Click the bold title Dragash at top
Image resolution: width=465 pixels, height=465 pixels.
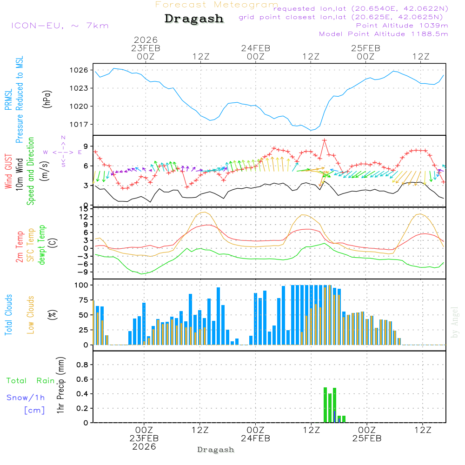194,19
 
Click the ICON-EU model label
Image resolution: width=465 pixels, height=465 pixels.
60,26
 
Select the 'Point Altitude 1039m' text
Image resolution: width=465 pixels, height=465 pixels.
402,26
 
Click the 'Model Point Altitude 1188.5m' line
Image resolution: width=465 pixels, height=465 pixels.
383,34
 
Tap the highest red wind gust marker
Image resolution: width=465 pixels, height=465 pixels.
324,140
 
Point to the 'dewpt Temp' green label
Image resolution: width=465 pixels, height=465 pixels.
42,245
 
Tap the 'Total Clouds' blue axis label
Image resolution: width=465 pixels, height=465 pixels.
8,315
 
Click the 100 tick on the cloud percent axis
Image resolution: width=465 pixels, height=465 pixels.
82,285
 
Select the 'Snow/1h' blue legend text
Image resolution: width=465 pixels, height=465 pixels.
26,398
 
